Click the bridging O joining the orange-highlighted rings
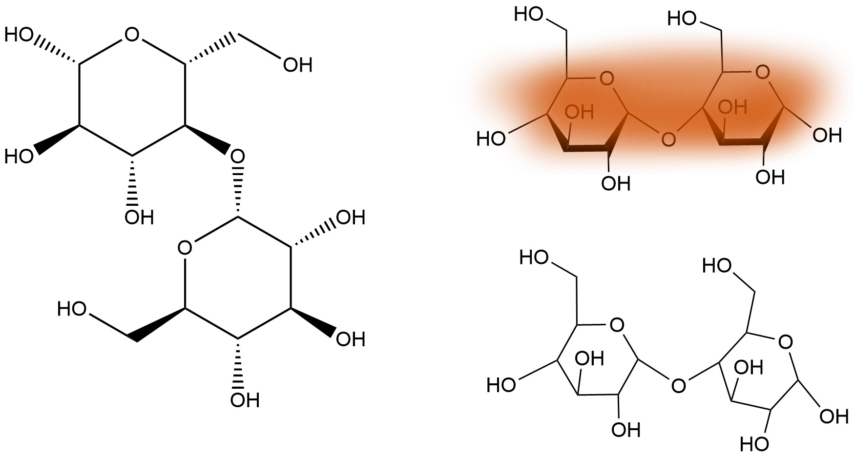(x=667, y=139)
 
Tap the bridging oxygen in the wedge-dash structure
(x=237, y=157)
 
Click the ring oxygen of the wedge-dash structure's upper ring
(x=132, y=35)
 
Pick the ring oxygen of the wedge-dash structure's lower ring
(x=185, y=248)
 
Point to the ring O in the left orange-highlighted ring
(x=606, y=78)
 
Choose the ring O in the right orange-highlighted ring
(x=762, y=73)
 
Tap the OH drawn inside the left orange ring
(x=579, y=113)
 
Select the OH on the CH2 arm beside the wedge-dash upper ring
(x=298, y=65)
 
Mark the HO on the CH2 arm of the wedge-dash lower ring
(x=72, y=309)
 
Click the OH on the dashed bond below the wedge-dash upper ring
(x=139, y=217)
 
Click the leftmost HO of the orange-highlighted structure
(x=491, y=139)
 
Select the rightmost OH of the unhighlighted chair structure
(x=834, y=416)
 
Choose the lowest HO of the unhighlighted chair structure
(x=754, y=444)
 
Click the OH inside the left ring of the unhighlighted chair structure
(x=590, y=359)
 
